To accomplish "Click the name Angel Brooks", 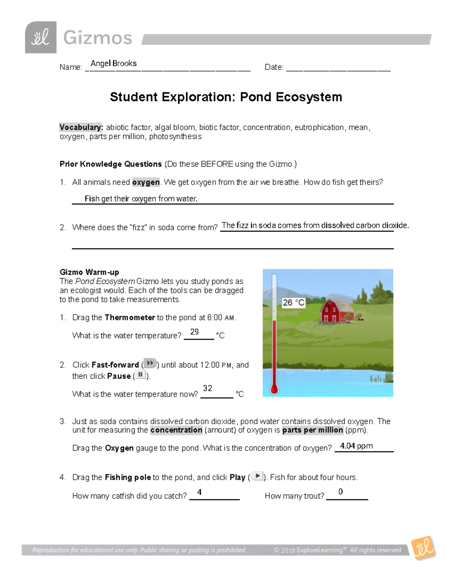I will [x=113, y=63].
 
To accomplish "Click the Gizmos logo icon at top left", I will [x=41, y=37].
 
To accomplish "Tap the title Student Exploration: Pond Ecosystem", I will [x=226, y=97].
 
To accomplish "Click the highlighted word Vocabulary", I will [x=81, y=128].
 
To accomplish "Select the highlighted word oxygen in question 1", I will [x=146, y=182].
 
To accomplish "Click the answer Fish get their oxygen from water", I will [x=141, y=198].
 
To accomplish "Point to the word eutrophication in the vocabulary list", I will [x=319, y=128].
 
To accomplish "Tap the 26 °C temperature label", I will [x=293, y=303].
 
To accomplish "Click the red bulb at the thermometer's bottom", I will [x=274, y=389].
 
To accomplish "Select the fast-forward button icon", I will [x=150, y=363].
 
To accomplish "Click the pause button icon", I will [x=140, y=375].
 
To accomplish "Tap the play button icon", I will [x=257, y=476].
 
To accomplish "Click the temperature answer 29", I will [x=194, y=332].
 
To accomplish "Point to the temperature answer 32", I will [x=207, y=388].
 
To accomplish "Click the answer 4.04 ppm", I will [x=356, y=446].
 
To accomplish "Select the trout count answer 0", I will [x=341, y=492].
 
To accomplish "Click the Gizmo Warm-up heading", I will [x=89, y=272].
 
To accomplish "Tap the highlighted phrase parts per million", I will [x=313, y=430].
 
